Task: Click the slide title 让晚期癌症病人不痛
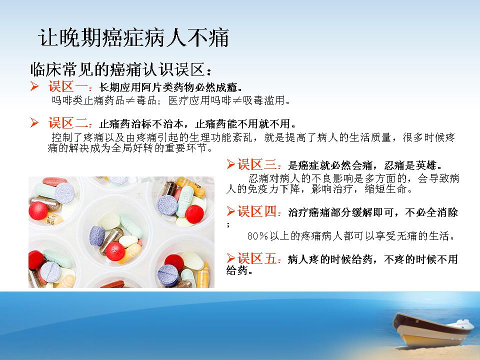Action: pos(134,38)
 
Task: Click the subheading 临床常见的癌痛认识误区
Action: pos(117,70)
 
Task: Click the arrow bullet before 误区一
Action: pos(34,86)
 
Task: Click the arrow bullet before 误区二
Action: pos(34,123)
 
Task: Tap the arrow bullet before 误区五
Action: pos(231,258)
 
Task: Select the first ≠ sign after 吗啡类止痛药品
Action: pos(130,100)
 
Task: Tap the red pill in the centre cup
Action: pos(115,251)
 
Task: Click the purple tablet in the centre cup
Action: pos(97,235)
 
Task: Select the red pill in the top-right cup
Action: pos(194,214)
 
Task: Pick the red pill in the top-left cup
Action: pos(38,210)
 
